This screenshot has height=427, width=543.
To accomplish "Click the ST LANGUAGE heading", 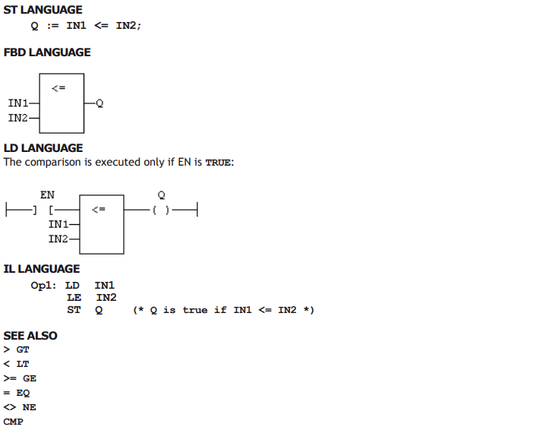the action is pos(43,10).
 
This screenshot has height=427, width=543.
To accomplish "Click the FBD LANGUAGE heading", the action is pos(47,52).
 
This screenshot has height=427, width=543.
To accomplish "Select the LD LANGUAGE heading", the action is pos(43,148).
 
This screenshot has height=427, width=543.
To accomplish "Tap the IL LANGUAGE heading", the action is pos(42,269).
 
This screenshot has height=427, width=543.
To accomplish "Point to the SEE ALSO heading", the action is pos(30,336).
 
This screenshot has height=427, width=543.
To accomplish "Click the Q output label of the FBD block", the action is pos(99,103).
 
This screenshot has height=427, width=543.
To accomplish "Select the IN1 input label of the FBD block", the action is pos(18,103).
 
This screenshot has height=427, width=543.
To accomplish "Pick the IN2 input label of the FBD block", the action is pos(18,118).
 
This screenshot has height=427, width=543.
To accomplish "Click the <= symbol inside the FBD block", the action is pos(58,88).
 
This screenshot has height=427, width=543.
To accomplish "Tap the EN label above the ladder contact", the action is pos(47,195).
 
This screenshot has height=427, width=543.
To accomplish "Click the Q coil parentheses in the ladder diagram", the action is pos(161,210).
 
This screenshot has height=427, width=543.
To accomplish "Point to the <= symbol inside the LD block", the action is pos(99,210).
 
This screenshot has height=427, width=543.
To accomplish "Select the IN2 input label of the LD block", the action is pos(58,239).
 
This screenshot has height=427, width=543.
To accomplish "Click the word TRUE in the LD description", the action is pos(218,163).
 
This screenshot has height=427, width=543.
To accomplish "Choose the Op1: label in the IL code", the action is pos(43,286).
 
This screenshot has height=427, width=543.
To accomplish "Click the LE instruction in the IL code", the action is pos(74,298).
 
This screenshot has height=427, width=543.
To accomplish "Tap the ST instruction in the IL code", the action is pos(74,310).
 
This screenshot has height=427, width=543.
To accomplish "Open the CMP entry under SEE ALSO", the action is pos(14,422).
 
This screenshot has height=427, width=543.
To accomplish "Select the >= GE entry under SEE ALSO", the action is pos(20,378).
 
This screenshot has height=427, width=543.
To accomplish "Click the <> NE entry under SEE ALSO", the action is pos(20,407).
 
